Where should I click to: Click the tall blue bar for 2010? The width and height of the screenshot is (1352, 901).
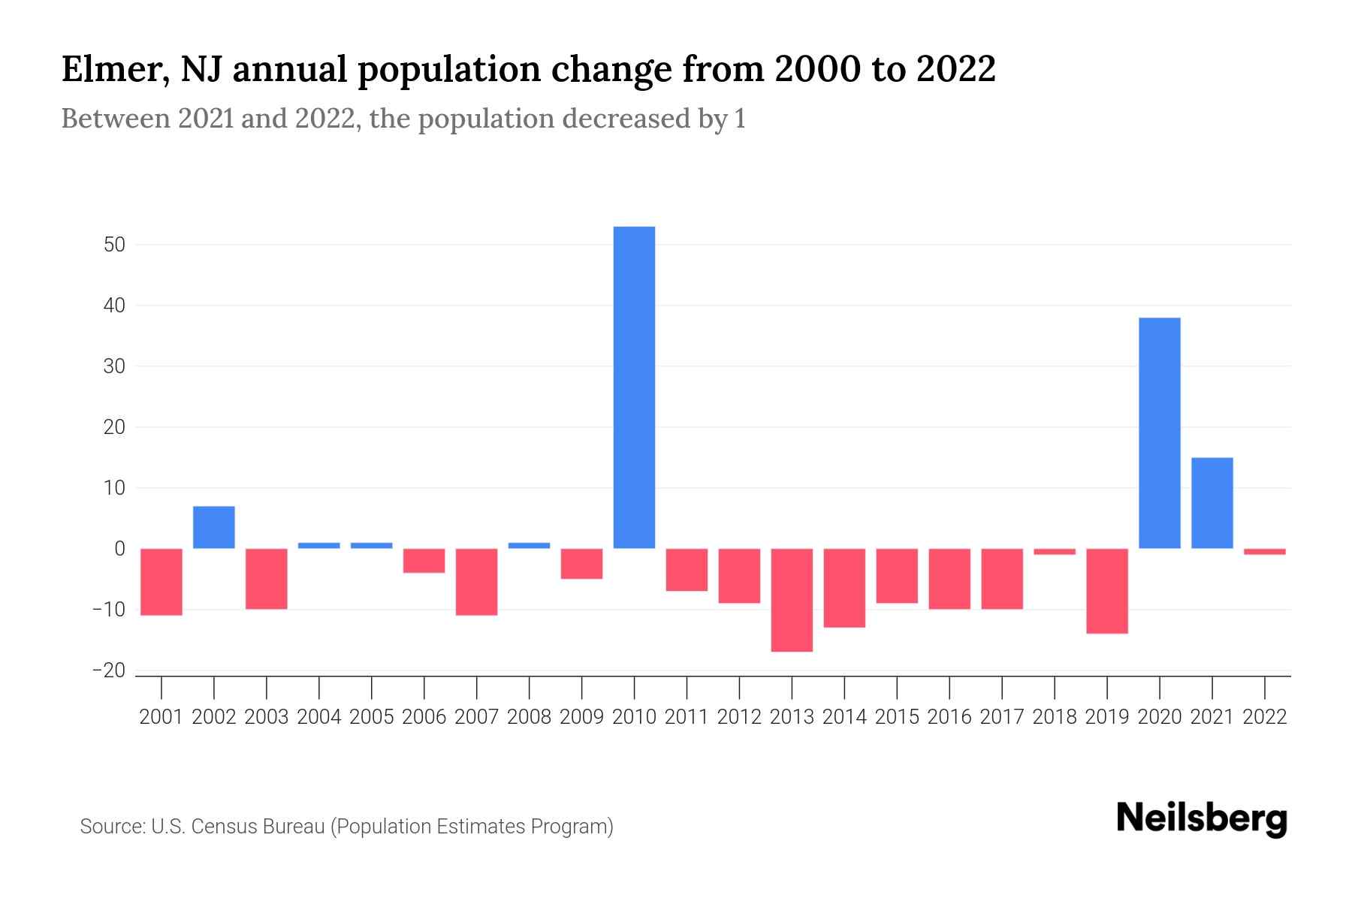(x=634, y=387)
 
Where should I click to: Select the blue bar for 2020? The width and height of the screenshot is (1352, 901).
(x=1159, y=433)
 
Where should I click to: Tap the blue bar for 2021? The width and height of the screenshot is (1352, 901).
(x=1212, y=503)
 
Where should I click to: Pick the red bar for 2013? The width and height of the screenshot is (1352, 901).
(x=792, y=600)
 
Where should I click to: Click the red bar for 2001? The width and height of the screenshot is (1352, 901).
(x=161, y=582)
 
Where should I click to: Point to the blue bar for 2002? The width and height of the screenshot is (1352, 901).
(x=214, y=527)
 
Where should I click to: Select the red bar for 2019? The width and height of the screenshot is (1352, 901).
(x=1106, y=591)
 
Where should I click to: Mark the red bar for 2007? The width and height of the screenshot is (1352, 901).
(x=476, y=582)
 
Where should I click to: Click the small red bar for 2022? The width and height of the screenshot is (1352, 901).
(x=1264, y=552)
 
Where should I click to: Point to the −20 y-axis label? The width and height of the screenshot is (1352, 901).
(x=109, y=670)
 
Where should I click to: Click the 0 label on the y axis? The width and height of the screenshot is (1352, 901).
(x=119, y=549)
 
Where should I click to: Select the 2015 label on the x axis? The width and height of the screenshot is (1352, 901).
(x=897, y=717)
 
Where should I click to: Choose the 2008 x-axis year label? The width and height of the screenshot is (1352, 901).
(x=529, y=717)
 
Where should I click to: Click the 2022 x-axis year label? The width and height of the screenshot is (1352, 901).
(x=1264, y=717)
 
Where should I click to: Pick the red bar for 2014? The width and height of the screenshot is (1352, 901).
(x=844, y=588)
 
